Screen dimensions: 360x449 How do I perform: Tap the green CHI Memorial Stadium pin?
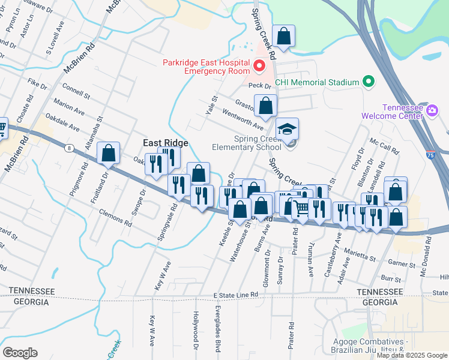click(368, 82)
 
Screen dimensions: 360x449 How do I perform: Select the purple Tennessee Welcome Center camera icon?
click(432, 110)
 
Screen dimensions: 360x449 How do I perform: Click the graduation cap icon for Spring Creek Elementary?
click(288, 129)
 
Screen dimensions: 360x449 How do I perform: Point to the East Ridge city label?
click(165, 143)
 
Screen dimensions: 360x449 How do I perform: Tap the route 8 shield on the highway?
click(70, 148)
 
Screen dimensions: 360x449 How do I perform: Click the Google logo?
click(20, 353)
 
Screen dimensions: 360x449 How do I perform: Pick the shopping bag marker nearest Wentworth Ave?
click(265, 106)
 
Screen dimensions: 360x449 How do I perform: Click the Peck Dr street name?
click(259, 85)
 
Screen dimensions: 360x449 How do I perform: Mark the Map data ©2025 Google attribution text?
click(411, 355)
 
